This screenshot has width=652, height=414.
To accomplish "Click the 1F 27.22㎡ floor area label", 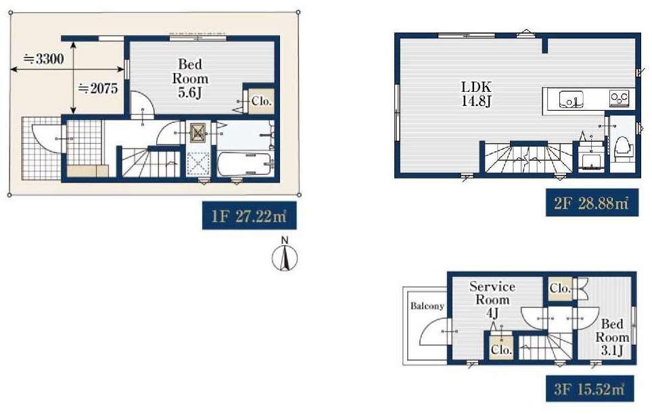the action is pos(249,215).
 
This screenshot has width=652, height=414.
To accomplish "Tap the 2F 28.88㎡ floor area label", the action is pos(592,203).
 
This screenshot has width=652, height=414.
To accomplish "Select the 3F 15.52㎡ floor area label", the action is pos(590,388).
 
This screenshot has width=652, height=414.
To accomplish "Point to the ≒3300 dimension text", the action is pos(44,59).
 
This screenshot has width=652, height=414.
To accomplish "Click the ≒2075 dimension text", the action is pos(98,88).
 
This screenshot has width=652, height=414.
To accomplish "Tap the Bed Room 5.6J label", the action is pos(190,78).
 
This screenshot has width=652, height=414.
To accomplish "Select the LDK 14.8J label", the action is pos(476,93).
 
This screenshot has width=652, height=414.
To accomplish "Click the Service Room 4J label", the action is pos(492,299).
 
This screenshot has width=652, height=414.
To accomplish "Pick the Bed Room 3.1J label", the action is pos(611,337).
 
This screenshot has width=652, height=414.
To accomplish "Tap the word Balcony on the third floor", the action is pos(427,306).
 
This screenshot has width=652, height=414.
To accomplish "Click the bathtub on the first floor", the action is pos(245,164).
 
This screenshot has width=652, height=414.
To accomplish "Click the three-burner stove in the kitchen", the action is pos(619,99).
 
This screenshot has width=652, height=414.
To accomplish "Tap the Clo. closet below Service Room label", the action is pos(501,349).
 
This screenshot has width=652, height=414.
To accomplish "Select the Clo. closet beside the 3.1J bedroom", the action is pos(560,288).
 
